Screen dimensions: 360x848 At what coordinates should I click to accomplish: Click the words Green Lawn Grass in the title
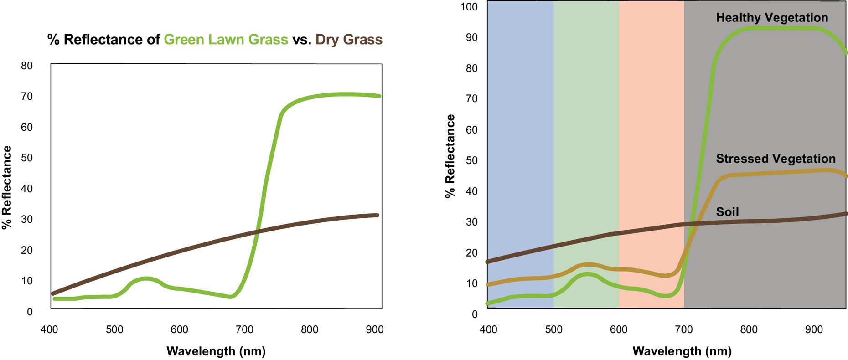tap(226, 40)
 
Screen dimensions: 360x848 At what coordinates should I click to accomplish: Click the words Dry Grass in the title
tap(349, 40)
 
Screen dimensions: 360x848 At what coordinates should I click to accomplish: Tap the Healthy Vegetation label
tap(772, 18)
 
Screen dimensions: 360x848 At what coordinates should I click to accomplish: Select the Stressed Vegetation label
tap(776, 159)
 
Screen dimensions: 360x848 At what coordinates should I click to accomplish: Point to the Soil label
tap(727, 212)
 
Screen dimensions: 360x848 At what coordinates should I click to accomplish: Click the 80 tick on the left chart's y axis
tap(27, 66)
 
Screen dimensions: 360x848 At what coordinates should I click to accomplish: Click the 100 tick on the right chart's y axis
tap(469, 7)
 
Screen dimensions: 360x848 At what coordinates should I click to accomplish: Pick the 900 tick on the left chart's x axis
tap(375, 329)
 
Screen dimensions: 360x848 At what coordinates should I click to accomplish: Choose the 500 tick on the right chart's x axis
tap(553, 329)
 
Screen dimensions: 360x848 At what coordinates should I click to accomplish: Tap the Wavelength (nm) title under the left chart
tap(216, 351)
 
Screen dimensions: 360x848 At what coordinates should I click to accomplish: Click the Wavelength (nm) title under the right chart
tap(682, 351)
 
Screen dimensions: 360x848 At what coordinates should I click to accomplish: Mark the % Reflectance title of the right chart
tap(450, 156)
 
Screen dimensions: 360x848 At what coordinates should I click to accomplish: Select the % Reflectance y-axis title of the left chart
tap(7, 187)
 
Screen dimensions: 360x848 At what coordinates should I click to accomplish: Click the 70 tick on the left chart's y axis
tap(27, 96)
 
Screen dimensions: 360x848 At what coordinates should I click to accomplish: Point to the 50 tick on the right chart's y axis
tap(472, 160)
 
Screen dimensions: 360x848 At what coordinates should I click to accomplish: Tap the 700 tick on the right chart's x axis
tap(684, 329)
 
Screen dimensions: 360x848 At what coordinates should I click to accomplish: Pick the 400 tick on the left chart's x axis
tap(49, 329)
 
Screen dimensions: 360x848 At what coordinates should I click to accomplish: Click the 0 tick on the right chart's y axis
tap(475, 314)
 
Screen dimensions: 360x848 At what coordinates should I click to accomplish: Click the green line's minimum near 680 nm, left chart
tap(231, 297)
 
